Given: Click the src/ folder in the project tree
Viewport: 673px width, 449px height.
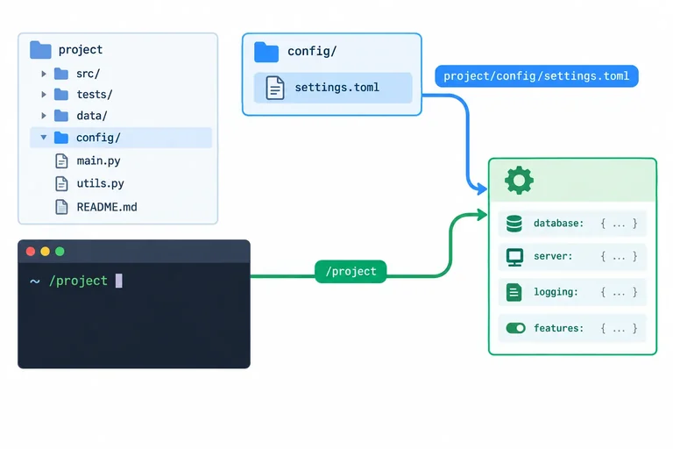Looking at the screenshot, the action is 77,74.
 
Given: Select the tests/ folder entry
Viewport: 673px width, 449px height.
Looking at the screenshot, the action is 83,95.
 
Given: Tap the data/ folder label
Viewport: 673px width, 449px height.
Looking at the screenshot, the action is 92,116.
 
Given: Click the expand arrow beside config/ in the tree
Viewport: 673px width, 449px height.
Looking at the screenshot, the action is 43,138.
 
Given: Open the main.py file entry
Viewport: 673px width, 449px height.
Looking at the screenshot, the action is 88,160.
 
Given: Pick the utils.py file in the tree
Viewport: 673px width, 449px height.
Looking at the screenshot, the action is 89,183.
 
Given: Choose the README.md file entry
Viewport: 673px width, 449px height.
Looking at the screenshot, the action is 96,207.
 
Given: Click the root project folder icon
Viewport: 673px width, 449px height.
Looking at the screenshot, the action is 41,50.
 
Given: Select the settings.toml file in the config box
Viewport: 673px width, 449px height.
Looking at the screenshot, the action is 333,88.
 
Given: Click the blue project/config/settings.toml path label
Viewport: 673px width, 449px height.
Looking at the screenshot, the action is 536,76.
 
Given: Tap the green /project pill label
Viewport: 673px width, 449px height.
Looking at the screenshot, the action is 351,272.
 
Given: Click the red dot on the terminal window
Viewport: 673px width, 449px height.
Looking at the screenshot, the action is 31,252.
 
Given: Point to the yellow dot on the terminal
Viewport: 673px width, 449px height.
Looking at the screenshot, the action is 45,252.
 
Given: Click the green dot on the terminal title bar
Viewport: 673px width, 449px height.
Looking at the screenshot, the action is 60,252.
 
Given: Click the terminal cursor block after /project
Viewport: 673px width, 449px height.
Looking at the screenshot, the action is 119,281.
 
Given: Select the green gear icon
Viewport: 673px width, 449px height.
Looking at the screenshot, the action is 520,181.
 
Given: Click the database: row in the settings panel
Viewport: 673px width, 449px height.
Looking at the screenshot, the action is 572,224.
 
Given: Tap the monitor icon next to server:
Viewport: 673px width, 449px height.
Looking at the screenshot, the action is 514,257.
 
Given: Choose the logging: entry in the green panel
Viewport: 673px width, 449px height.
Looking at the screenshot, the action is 572,292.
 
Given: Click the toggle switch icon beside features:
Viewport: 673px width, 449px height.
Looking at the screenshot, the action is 515,328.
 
